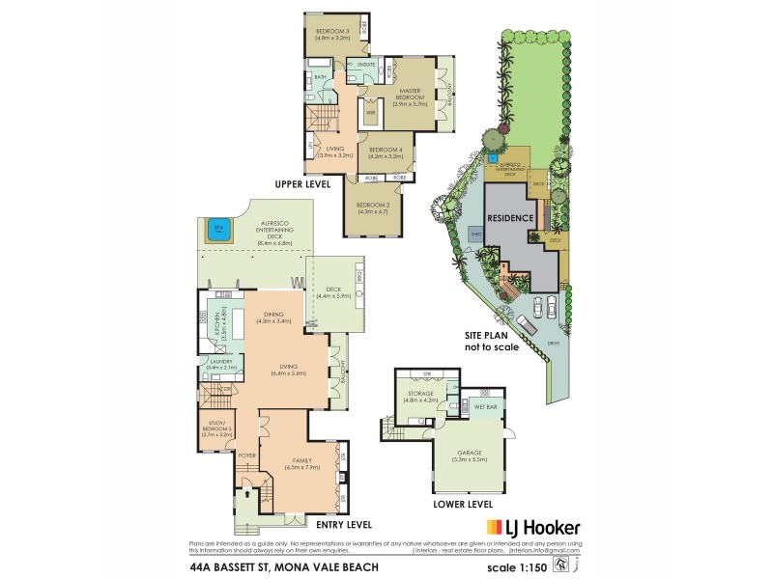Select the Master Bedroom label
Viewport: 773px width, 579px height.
point(413,94)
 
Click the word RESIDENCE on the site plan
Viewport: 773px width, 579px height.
point(509,218)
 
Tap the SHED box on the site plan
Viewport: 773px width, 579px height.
point(476,233)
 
